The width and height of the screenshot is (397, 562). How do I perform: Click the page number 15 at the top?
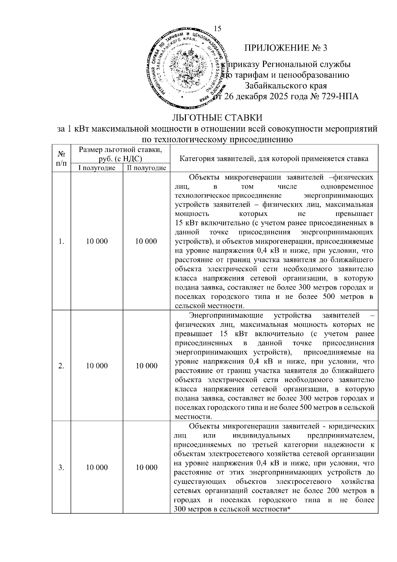(218, 28)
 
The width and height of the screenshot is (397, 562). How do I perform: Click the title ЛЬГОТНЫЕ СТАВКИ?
(217, 118)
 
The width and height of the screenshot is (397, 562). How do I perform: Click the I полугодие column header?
(97, 168)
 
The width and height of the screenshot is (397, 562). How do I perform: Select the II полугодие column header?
(147, 168)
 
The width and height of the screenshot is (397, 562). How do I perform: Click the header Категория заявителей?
(274, 158)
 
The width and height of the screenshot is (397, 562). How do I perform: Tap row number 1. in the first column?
(61, 241)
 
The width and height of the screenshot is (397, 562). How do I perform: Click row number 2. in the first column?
(61, 366)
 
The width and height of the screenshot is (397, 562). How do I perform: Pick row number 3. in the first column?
(61, 467)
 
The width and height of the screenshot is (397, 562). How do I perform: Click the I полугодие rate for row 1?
(97, 241)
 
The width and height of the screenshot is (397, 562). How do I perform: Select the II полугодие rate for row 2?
(147, 366)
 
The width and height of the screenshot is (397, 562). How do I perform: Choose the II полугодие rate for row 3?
(147, 467)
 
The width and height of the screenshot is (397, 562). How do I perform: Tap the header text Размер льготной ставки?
(120, 150)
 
